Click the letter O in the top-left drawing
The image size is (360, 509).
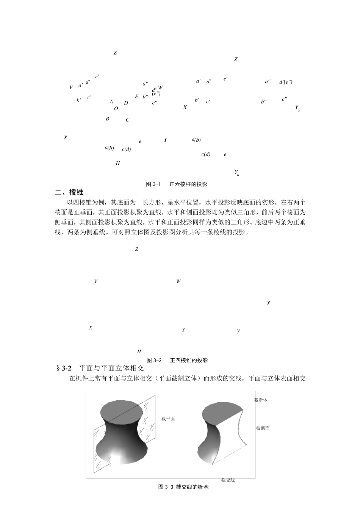coord(116,109)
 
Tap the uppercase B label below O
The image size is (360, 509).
coord(107,119)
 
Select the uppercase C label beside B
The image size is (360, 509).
coord(127,120)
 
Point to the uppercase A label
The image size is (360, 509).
coord(111,102)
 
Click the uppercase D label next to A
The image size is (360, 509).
coord(126,103)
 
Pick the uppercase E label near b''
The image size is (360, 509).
coord(137,97)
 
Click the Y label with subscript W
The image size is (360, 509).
coord(297,108)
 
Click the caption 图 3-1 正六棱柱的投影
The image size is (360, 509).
coord(177,184)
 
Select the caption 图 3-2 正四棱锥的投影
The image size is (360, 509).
coord(177,360)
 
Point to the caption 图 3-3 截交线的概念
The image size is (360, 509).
coord(183,487)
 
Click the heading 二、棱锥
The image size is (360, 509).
coord(69,192)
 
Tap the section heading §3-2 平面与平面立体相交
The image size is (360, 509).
coord(100,368)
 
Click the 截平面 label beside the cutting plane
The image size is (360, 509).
coord(168,419)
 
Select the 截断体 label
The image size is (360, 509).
coord(260,400)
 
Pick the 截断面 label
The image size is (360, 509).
coord(263,428)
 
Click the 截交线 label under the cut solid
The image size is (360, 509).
coord(228,480)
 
